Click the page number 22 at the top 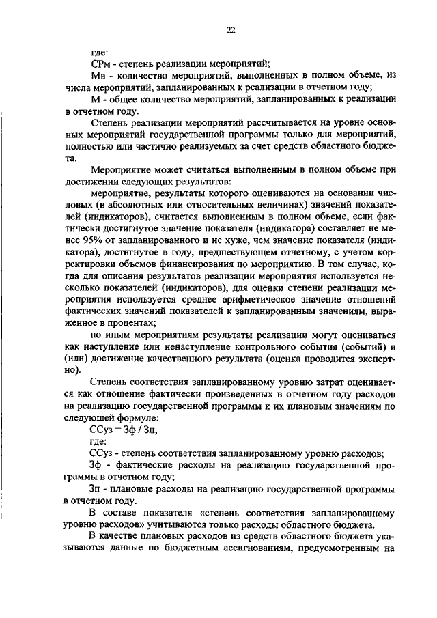tap(230, 29)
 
